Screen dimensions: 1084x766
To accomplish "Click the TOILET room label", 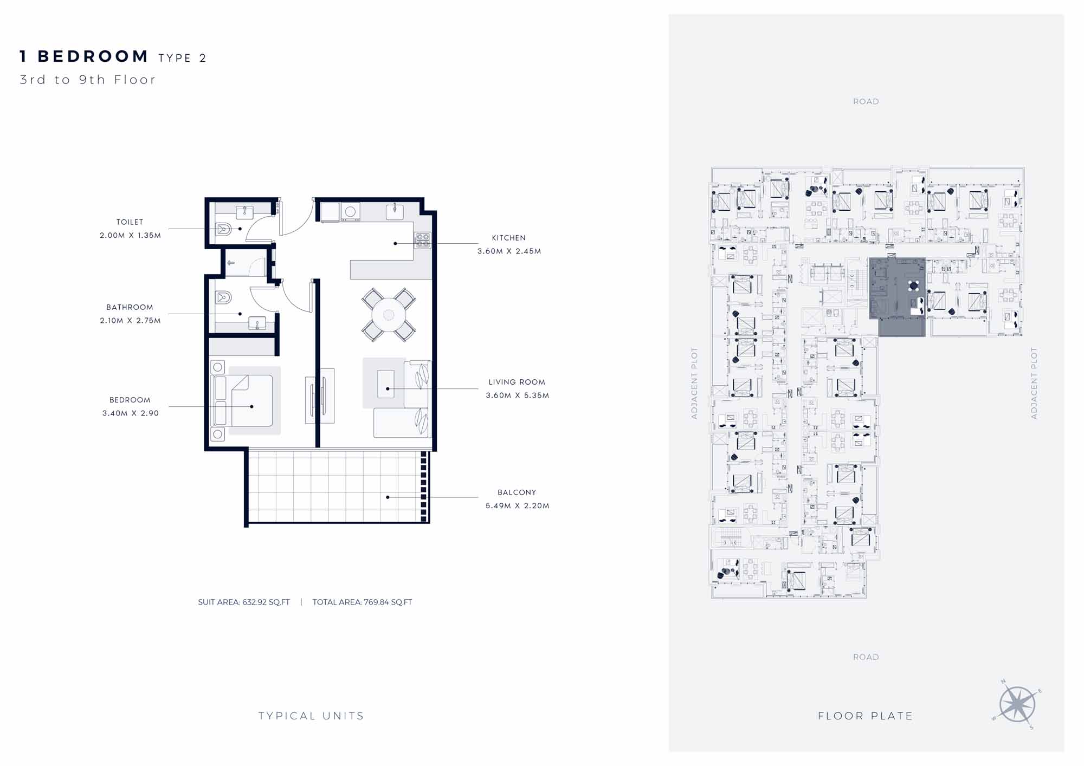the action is (130, 222).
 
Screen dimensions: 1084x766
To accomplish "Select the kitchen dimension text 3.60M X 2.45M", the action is (509, 251).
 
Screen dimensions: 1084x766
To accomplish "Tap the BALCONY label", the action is (517, 492).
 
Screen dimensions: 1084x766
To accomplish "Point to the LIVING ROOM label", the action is (517, 382).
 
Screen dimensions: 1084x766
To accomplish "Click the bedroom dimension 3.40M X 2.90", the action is (130, 413).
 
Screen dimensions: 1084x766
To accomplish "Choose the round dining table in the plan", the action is (389, 315).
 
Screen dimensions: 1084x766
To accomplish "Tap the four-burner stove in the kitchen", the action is (423, 240).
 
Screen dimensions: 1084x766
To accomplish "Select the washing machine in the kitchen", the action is (350, 212).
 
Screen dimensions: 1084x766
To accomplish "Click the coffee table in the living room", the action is (386, 384).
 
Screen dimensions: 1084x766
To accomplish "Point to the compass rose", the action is (1017, 704).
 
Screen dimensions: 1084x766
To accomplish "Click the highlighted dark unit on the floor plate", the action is (897, 296).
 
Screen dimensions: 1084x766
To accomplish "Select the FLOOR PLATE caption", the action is (865, 716).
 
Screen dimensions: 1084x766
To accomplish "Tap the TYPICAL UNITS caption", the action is (311, 716).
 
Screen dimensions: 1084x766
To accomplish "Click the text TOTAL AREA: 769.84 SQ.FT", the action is (362, 602).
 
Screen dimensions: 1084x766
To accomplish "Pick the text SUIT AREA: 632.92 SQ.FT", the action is (244, 602).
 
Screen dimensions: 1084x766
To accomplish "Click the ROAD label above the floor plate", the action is (866, 101).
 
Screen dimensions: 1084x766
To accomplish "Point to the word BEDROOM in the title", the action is (93, 56).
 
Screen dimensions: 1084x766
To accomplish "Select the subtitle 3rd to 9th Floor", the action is (88, 80).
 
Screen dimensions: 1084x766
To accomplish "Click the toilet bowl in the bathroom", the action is (223, 297).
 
